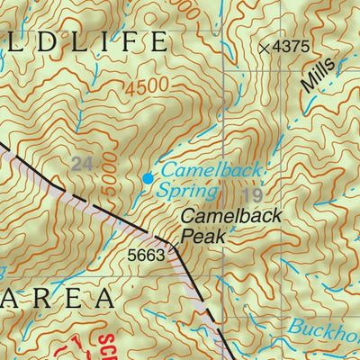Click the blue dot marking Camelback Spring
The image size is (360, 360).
pyautogui.click(x=148, y=179)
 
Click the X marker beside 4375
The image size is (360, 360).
pyautogui.click(x=264, y=48)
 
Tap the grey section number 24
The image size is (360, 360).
pyautogui.click(x=82, y=164)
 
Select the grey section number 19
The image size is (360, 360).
pyautogui.click(x=252, y=193)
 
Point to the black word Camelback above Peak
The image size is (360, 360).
pyautogui.click(x=231, y=216)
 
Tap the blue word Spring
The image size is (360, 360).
pyautogui.click(x=187, y=191)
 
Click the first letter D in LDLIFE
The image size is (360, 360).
pyautogui.click(x=43, y=42)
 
